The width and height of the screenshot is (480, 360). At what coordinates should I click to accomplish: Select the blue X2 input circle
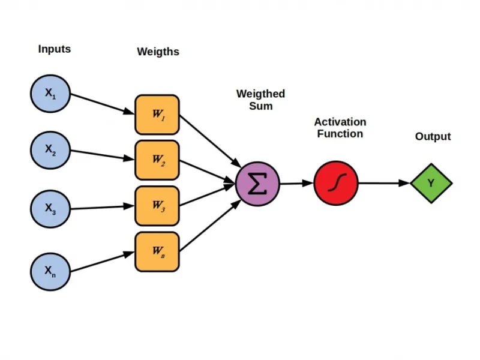tap(51, 151)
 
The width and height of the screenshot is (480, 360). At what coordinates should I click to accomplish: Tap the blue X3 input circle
tap(51, 209)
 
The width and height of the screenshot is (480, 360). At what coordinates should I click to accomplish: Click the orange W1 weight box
tap(157, 114)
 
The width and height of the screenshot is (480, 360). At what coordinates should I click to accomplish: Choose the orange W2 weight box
tap(157, 160)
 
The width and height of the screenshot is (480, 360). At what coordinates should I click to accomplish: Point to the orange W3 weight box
tap(157, 205)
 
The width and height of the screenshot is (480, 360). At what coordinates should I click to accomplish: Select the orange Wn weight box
tap(157, 251)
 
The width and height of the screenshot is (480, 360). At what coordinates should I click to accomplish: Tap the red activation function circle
tap(336, 182)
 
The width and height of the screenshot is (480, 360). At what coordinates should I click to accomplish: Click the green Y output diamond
tap(431, 183)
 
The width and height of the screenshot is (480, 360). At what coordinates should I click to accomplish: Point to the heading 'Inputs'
tap(54, 49)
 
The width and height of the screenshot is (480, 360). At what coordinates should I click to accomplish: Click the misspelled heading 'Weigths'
tap(158, 52)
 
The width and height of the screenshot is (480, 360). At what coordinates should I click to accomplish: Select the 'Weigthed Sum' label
tap(260, 100)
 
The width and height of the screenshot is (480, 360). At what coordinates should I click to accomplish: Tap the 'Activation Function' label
tap(339, 128)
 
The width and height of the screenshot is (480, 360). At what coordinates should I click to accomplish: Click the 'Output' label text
tap(433, 137)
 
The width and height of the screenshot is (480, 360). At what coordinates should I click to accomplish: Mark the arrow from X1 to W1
tap(102, 103)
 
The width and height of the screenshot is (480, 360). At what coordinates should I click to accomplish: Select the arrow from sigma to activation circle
tap(296, 183)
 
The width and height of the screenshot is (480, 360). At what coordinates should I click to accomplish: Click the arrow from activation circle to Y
tap(384, 183)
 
